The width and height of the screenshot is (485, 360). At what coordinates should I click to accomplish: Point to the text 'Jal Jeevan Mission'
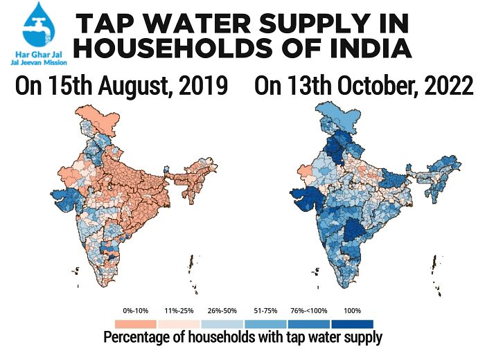coord(35,62)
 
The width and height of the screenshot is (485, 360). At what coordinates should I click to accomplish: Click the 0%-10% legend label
coord(136,310)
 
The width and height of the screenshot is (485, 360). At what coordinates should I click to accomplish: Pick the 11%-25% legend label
coord(179,310)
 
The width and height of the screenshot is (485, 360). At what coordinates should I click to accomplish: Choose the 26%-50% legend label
coord(222,310)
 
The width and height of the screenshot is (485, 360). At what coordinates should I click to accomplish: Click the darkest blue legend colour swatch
coord(352,323)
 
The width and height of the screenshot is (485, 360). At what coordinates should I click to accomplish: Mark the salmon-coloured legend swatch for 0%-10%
coord(136,323)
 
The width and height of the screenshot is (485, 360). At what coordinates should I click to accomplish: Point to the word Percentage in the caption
coord(136,338)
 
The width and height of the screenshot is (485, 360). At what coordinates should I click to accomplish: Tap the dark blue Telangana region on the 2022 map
coord(354,232)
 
